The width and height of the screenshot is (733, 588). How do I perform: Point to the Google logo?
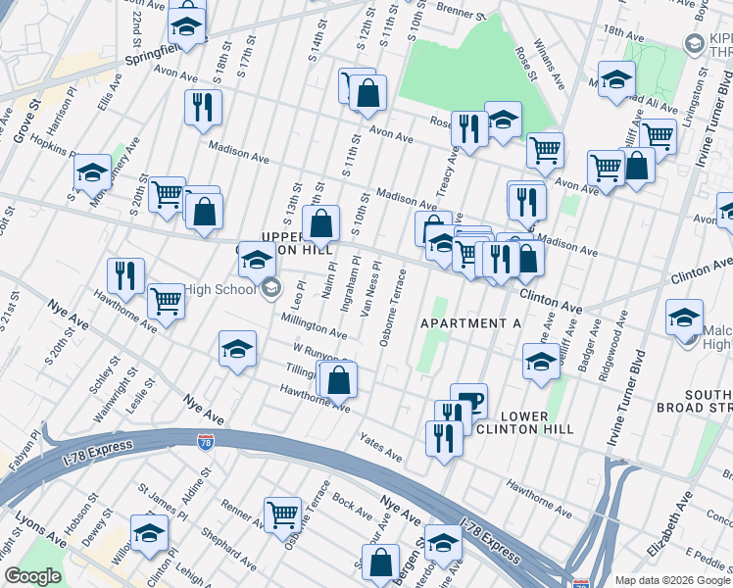tap(32, 576)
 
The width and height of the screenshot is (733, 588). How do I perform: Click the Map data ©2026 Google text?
tap(672, 580)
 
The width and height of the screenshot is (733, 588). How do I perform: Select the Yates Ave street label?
tap(380, 449)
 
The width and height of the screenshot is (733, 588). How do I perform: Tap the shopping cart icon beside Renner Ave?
tap(282, 513)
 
